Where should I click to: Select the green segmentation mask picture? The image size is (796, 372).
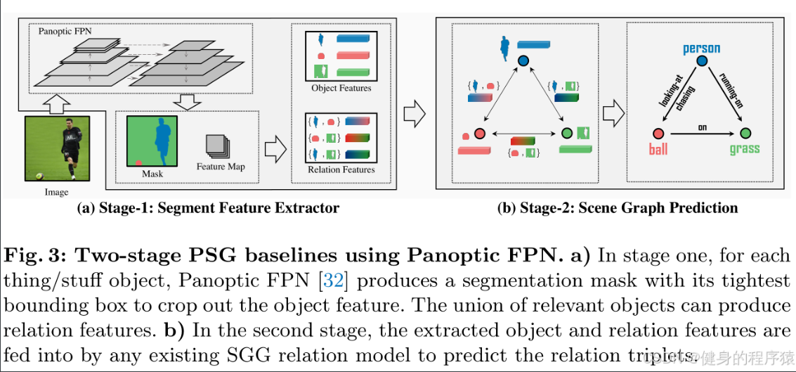coord(152,141)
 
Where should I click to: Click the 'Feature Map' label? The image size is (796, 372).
coord(221,167)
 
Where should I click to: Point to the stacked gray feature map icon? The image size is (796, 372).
coord(217,146)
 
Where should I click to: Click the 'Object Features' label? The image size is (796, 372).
coord(341,88)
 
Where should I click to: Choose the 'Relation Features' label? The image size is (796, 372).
coord(341,169)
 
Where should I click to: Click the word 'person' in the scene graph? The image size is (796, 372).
coord(701,49)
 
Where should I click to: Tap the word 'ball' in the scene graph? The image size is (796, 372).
coord(658,149)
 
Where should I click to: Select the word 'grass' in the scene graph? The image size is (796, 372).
coord(744,149)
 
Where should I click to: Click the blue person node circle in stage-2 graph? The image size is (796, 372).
coord(523,62)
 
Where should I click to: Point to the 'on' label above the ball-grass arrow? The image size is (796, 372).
coord(701,127)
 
